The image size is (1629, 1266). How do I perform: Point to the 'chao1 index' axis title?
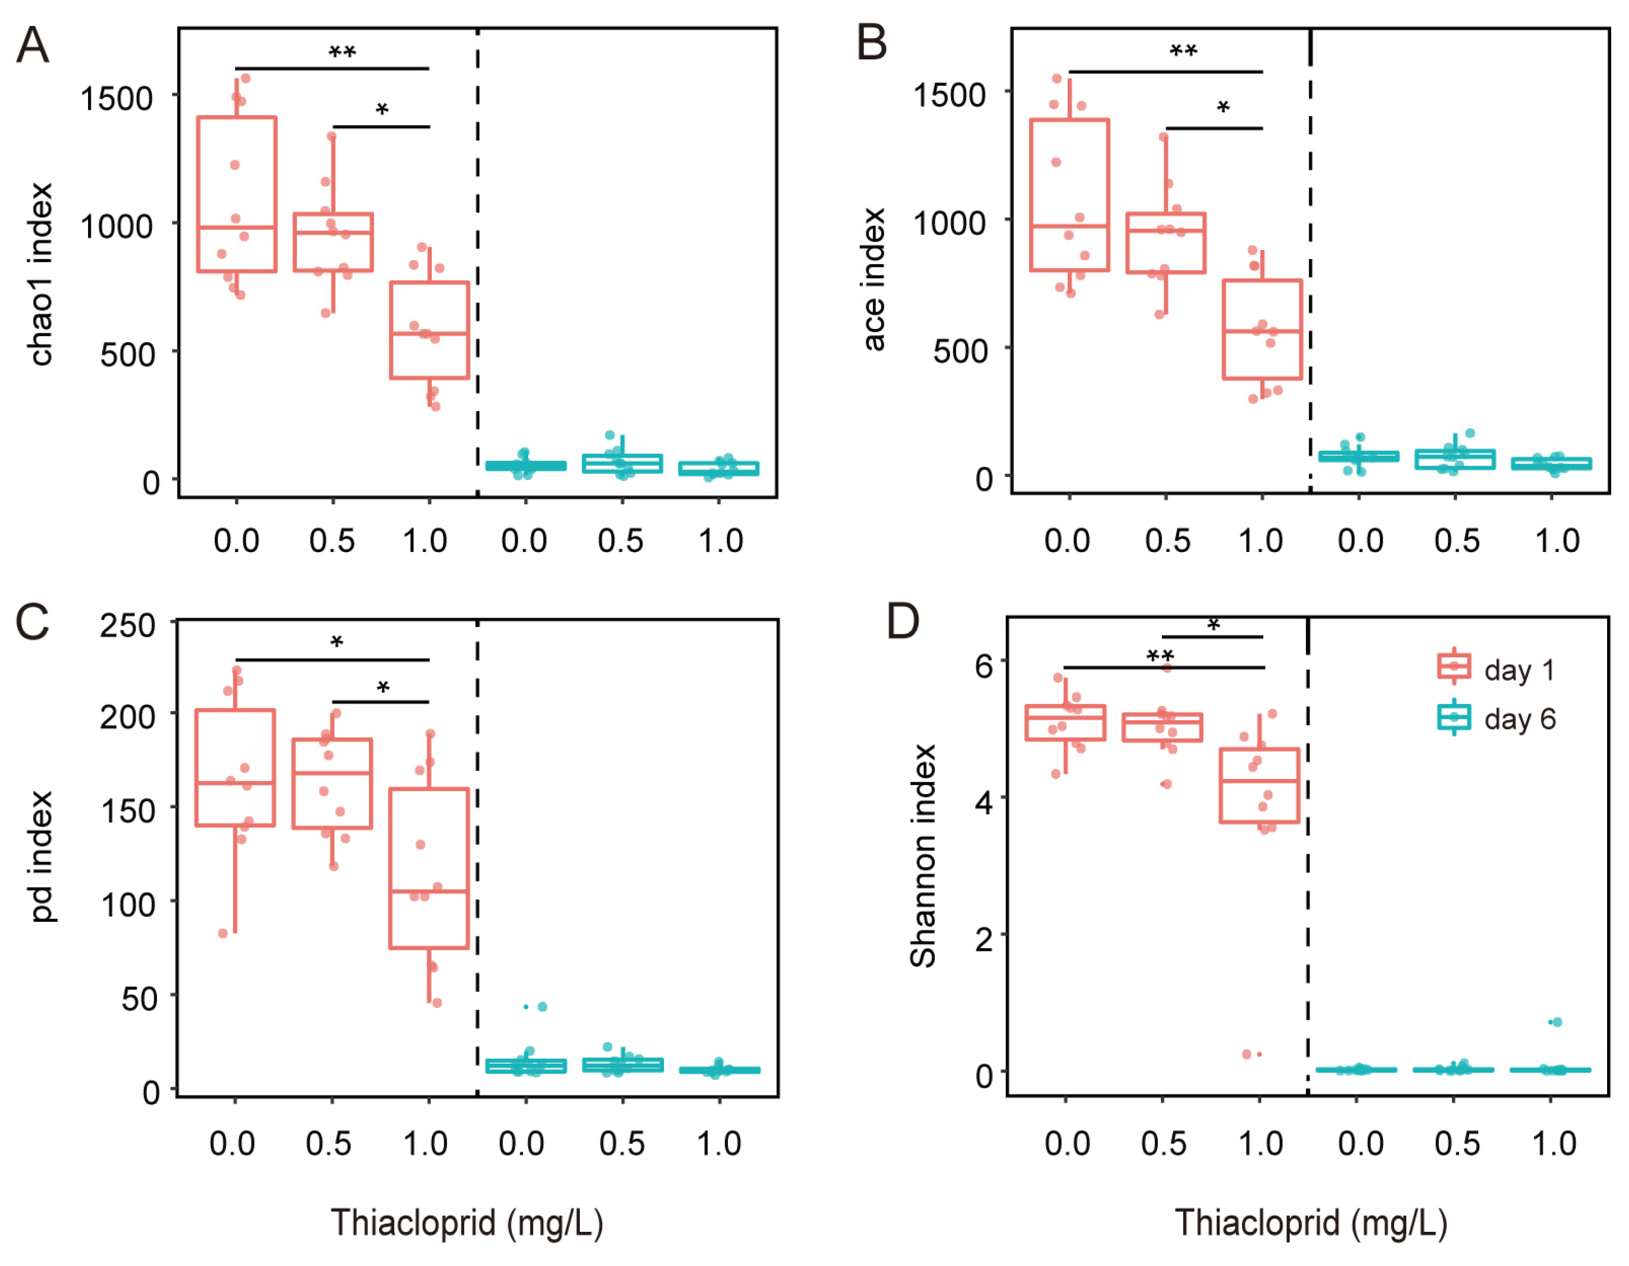[40, 275]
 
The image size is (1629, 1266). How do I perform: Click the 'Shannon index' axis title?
[922, 856]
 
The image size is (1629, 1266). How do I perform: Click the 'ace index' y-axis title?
[874, 280]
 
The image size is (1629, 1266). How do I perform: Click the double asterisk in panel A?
[343, 52]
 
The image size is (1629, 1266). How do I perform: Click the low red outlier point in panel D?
[1247, 1054]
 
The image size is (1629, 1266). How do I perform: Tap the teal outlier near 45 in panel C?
[542, 1007]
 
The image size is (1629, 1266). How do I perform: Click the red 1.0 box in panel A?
[429, 330]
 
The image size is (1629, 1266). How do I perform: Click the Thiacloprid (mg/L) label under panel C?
[467, 1223]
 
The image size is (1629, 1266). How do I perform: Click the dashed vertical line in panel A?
[477, 261]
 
